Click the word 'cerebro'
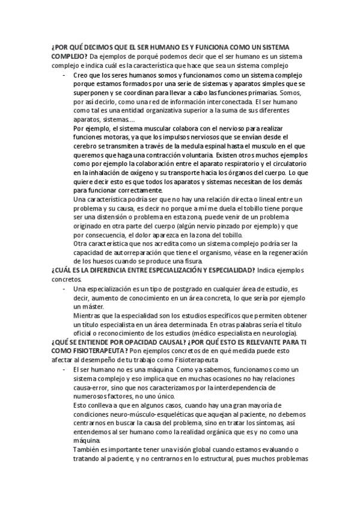point(85,147)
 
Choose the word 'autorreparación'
point(133,254)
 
